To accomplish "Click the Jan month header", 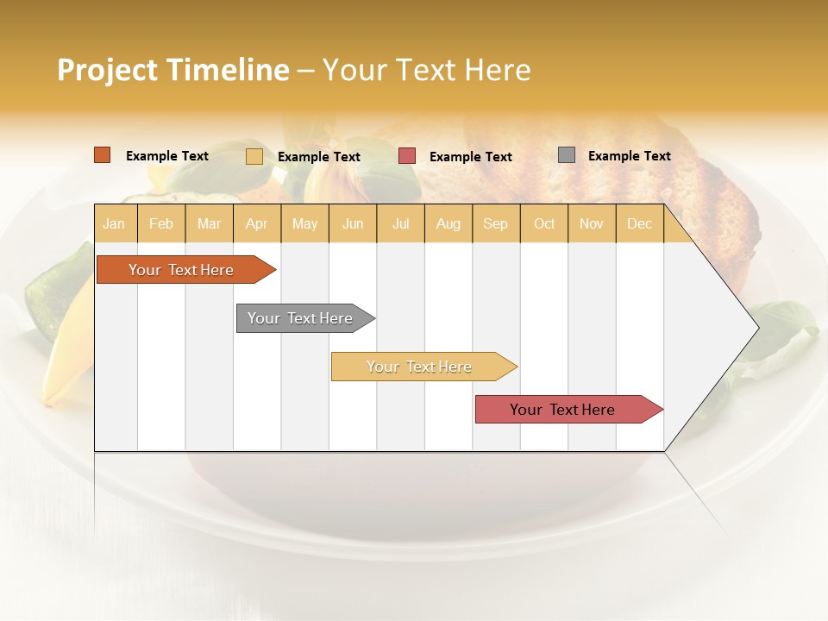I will coord(114,223).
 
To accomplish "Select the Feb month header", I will coord(161,223).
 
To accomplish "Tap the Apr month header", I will coord(256,223).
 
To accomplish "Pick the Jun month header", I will coord(353,223).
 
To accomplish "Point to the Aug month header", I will coord(448,223).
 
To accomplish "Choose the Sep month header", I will coord(495,223).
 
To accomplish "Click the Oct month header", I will coord(544,223).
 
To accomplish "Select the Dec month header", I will coord(639,223).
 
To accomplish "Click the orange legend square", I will coord(103,155).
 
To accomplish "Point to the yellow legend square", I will coord(254,156).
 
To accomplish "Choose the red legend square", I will coord(407,156).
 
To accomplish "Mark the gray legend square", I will coord(567,155).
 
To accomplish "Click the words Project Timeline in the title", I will coord(173,70).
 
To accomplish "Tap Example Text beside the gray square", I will coord(629,156).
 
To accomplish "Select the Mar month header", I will coord(209,223).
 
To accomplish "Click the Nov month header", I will coord(592,223).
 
